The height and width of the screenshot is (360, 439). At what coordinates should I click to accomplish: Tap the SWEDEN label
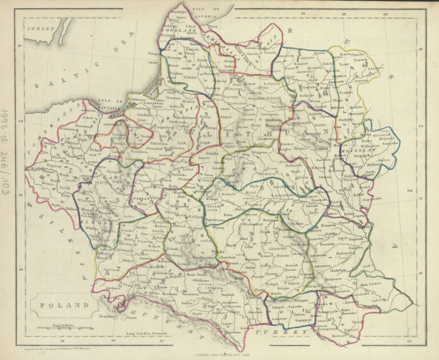point(41,27)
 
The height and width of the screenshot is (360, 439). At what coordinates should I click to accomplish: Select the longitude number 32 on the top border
point(386,13)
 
